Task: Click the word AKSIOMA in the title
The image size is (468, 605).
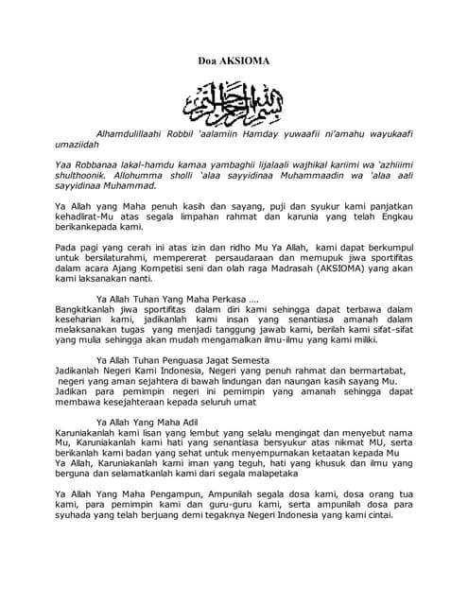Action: [248, 60]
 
